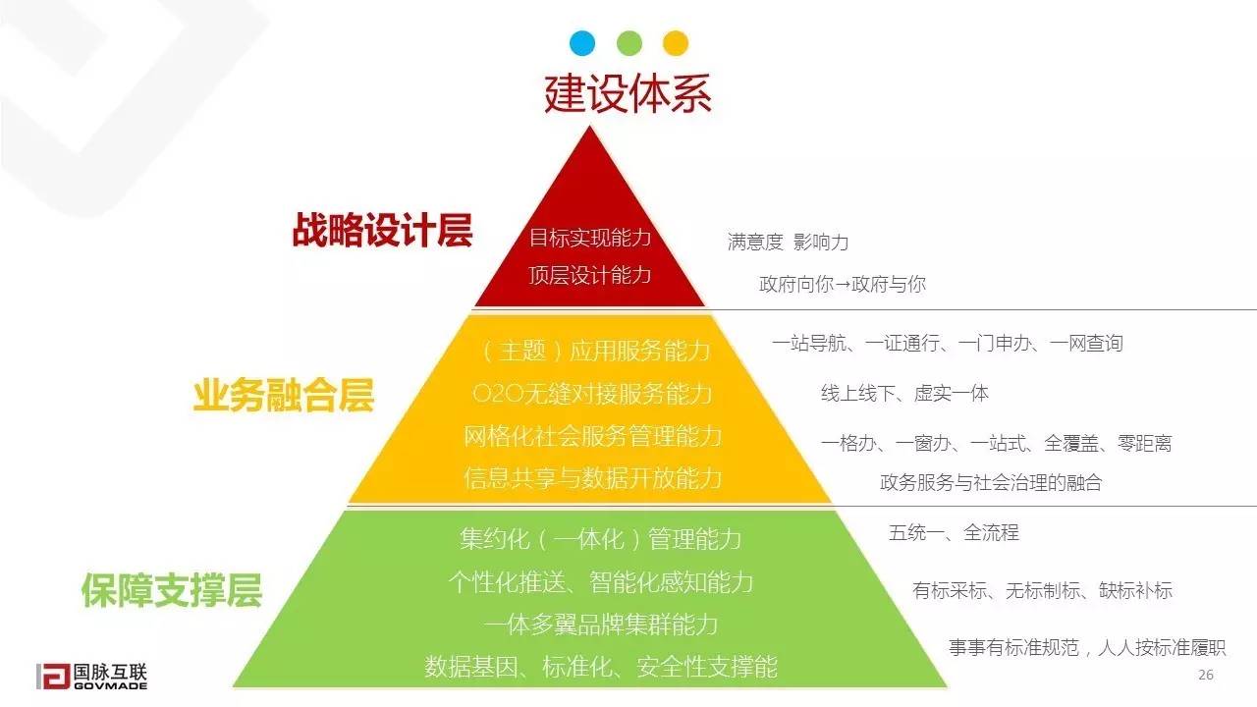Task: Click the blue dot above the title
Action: (582, 43)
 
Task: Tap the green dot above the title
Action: (629, 43)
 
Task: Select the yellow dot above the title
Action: (676, 43)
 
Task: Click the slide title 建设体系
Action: (628, 93)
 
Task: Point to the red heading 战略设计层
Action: (382, 230)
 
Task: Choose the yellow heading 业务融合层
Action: (284, 395)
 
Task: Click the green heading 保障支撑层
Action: (172, 590)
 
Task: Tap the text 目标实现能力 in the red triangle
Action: (590, 238)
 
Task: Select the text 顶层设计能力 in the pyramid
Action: (590, 275)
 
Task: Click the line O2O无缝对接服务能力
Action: (592, 394)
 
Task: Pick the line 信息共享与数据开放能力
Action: (592, 478)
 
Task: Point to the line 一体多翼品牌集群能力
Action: (600, 624)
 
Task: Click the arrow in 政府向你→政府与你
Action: (843, 285)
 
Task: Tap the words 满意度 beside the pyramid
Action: (755, 242)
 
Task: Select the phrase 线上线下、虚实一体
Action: (904, 394)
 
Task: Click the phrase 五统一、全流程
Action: (954, 532)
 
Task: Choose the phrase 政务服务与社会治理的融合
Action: (991, 482)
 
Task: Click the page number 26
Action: (1205, 675)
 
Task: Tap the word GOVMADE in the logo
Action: (111, 685)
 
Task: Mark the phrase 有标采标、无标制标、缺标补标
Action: (1043, 590)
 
